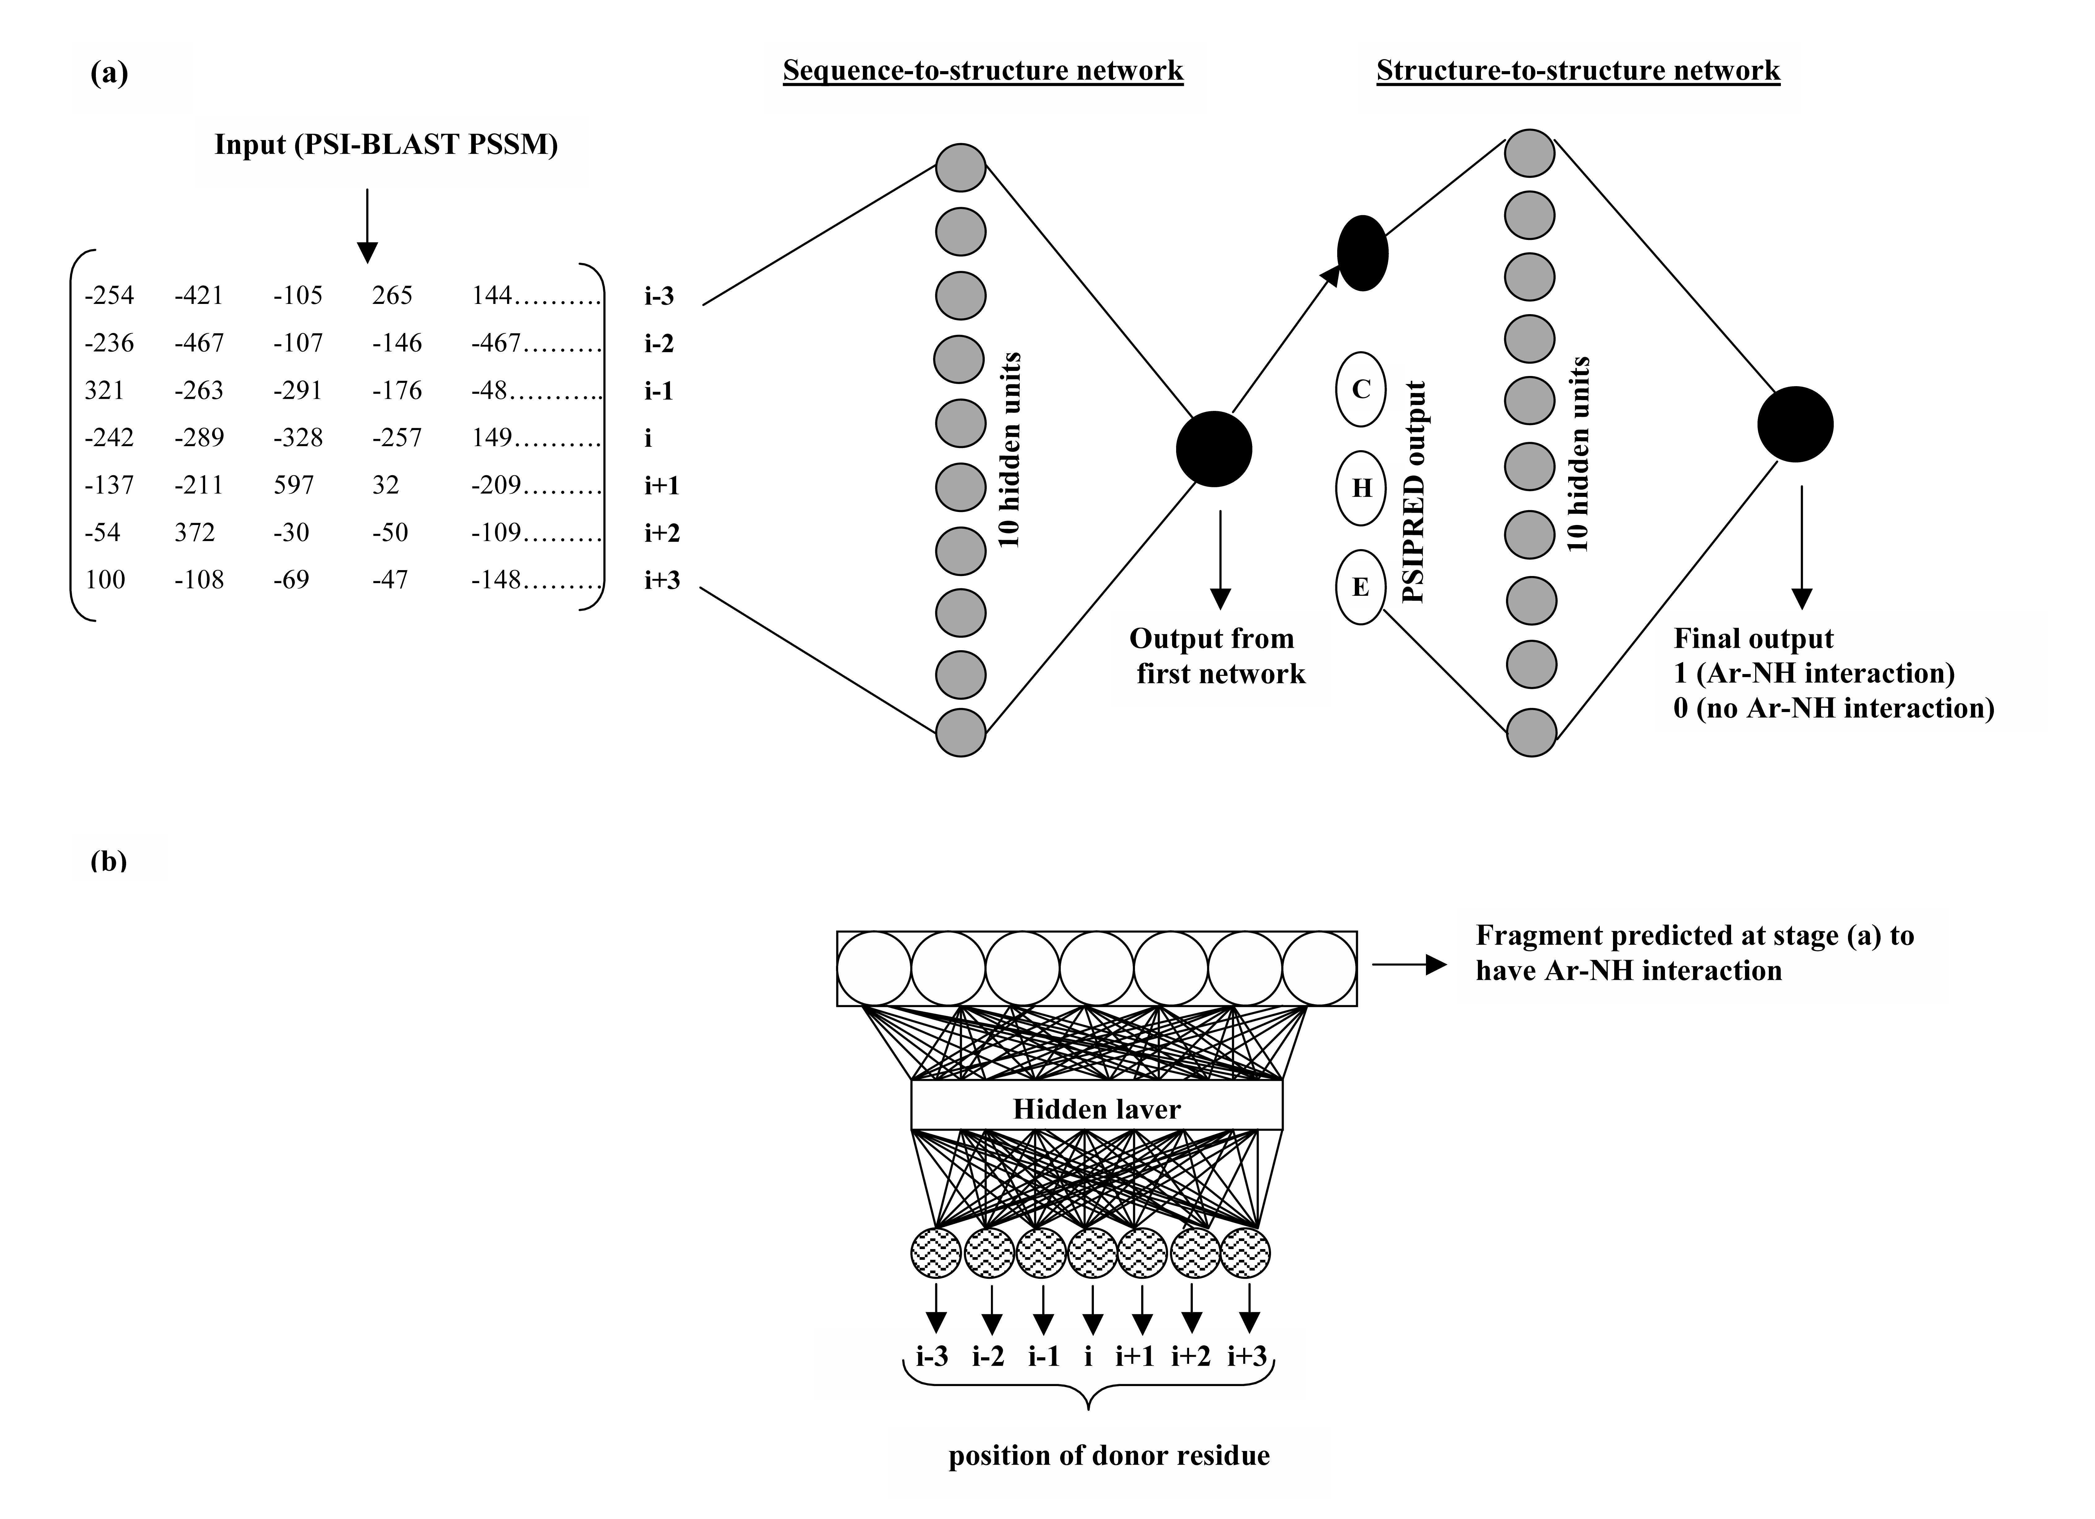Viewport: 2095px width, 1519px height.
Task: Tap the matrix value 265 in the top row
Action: [x=393, y=296]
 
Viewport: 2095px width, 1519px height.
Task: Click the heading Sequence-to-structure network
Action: [x=983, y=71]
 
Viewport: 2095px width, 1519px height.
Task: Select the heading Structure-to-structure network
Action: [x=1578, y=71]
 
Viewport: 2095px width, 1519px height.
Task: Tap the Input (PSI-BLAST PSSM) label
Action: [x=386, y=145]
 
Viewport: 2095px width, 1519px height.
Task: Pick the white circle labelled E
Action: [x=1361, y=587]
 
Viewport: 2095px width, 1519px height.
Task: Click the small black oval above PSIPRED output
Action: [x=1363, y=253]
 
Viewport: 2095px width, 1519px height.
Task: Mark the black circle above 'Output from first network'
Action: [x=1214, y=449]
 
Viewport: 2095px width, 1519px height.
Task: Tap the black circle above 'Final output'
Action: [x=1795, y=424]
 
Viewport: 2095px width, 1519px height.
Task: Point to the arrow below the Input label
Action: [x=368, y=226]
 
